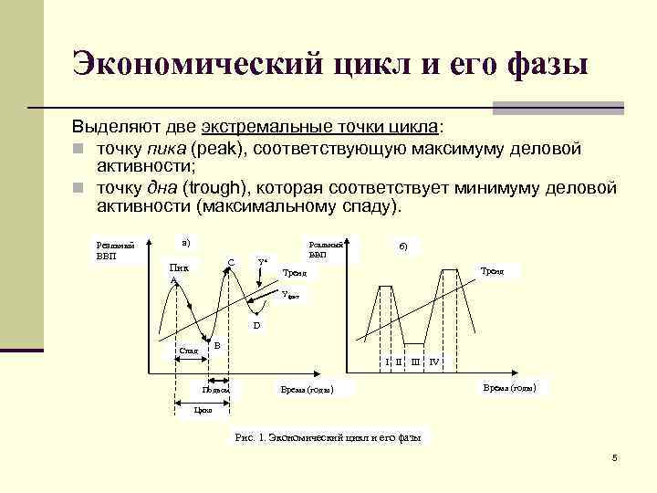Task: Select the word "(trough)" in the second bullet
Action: tap(215, 188)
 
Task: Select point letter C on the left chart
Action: tap(231, 263)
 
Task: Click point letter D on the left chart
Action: tap(256, 325)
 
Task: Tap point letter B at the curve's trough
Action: tap(216, 345)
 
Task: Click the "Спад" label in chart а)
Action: tap(189, 350)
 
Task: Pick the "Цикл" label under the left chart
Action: tap(203, 411)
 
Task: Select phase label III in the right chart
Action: tap(415, 362)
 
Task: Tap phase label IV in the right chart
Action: tap(434, 362)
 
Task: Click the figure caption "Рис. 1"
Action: tap(249, 437)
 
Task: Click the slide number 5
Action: tap(614, 456)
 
